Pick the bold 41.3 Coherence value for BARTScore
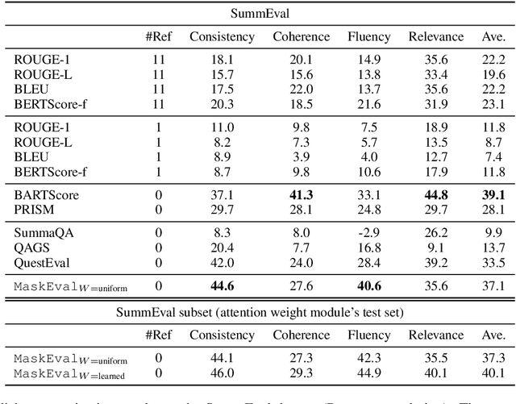click(x=291, y=195)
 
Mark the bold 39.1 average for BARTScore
click(x=489, y=195)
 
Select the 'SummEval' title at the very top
click(x=257, y=13)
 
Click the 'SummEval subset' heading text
click(x=257, y=310)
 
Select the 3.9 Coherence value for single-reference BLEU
click(x=291, y=157)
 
